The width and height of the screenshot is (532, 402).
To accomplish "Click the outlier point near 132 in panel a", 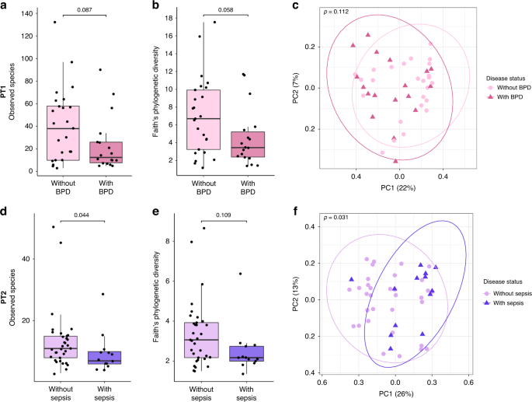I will click(x=54, y=23).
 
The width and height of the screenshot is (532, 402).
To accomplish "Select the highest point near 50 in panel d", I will click(x=54, y=227).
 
